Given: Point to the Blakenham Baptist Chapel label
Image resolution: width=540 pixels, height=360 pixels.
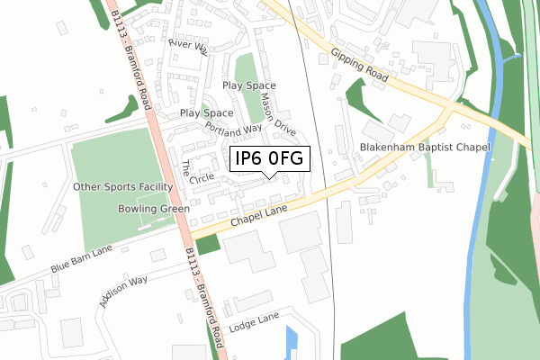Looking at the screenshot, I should coord(424,147).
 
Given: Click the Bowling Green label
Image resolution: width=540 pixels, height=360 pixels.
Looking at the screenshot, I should coord(153,209).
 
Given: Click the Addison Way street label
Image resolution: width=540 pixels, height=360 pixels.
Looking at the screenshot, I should coord(123,292).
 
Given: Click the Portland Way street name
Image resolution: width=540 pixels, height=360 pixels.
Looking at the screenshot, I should coord(233,127).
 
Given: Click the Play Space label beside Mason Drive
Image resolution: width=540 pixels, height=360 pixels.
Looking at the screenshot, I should coord(248,85).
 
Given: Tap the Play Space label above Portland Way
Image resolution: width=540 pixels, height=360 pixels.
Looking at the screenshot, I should coord(206,113).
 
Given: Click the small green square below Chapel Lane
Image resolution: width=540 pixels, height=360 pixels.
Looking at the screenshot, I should coord(208,243).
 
